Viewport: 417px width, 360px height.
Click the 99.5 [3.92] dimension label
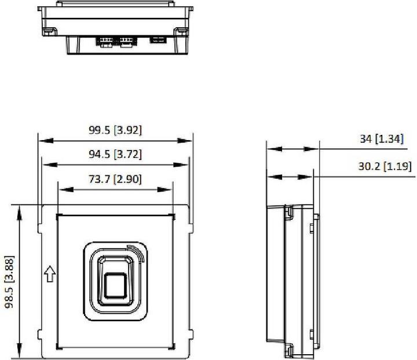pos(115,130)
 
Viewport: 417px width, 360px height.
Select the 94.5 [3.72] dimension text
pos(115,155)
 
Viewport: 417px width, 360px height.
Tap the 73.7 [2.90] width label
pos(115,179)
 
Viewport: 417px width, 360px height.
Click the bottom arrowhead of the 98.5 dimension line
pos(21,351)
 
